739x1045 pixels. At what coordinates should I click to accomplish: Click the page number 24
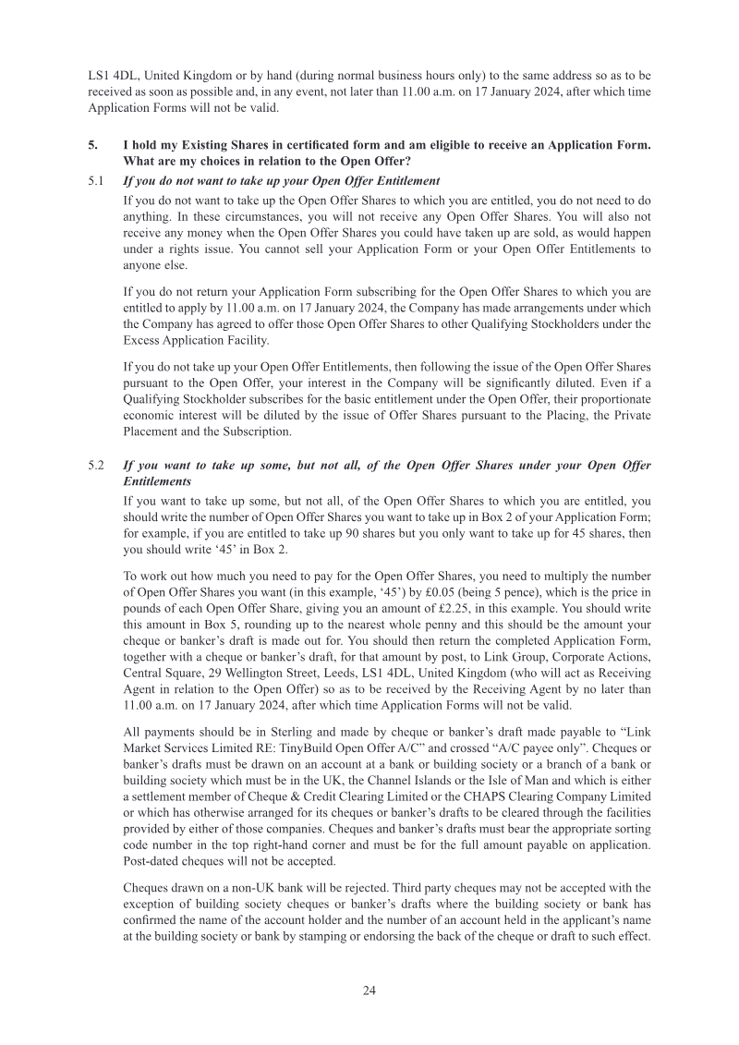click(369, 990)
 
